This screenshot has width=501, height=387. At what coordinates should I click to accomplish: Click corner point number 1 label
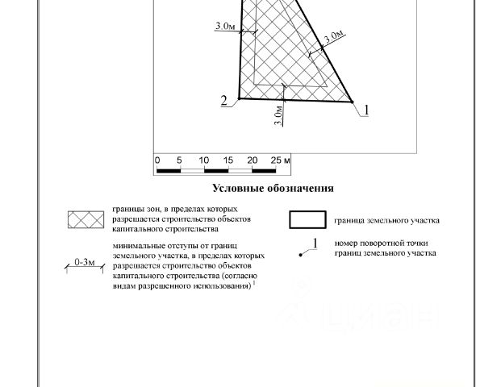click(365, 110)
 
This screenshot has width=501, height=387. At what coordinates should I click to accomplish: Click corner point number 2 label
click(225, 101)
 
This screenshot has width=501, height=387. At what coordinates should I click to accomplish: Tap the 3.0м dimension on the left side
click(226, 27)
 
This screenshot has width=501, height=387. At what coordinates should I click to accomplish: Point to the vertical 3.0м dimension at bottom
click(278, 115)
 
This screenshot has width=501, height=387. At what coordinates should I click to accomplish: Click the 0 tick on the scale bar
click(157, 160)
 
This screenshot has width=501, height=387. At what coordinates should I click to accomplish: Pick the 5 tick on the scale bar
click(181, 160)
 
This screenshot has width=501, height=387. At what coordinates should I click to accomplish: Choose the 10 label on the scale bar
click(203, 160)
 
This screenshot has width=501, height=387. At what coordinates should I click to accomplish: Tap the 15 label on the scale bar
click(228, 160)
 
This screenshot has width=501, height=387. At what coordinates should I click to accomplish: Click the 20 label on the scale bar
click(252, 160)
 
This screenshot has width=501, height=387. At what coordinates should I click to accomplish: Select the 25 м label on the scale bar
click(279, 160)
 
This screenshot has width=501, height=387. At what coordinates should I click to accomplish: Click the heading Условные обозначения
click(273, 189)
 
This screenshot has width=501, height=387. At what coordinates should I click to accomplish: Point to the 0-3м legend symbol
click(85, 263)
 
